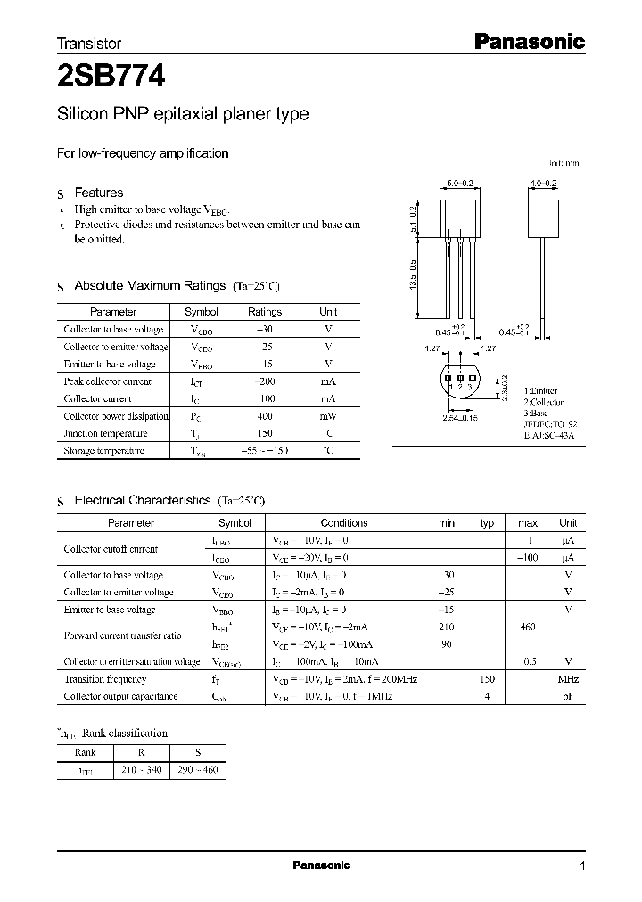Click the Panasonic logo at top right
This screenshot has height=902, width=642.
point(528,41)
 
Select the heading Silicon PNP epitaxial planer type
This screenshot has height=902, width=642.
point(183,114)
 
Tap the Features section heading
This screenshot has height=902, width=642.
point(98,193)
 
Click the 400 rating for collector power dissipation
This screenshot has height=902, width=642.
point(264,416)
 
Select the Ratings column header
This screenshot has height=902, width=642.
point(264,312)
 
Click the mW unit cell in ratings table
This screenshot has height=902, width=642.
point(328,416)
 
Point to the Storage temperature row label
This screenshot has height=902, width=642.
point(103,451)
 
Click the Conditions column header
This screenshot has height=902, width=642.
point(343,523)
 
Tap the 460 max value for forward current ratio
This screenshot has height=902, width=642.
point(527,627)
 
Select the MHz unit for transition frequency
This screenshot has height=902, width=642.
point(568,679)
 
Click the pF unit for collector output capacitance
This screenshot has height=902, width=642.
point(568,696)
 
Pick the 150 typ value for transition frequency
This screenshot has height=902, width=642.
point(487,679)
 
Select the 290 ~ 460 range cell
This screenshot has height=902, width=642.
point(198,768)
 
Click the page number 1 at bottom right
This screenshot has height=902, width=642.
point(582,865)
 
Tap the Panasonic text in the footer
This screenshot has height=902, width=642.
point(321,865)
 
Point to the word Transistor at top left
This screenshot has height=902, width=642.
point(89,43)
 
